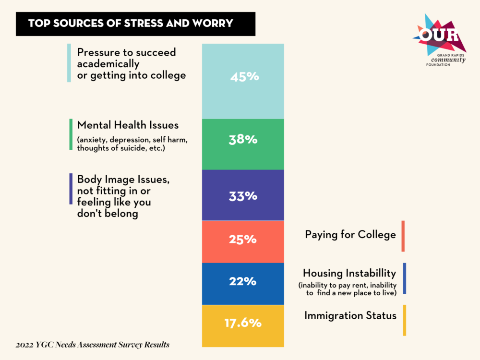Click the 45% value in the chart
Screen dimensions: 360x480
pyautogui.click(x=244, y=76)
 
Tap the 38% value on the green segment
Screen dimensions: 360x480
pyautogui.click(x=243, y=139)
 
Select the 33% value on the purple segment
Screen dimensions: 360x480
pyautogui.click(x=243, y=196)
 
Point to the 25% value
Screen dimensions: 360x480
pyautogui.click(x=243, y=239)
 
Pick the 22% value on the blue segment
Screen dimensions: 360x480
pyautogui.click(x=243, y=281)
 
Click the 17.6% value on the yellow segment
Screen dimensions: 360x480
pyautogui.click(x=243, y=323)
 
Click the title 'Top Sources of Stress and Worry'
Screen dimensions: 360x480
pyautogui.click(x=131, y=23)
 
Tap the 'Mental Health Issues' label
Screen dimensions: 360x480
pyautogui.click(x=128, y=125)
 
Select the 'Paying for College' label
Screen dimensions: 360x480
pyautogui.click(x=350, y=235)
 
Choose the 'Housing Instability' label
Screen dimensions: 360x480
pyautogui.click(x=349, y=273)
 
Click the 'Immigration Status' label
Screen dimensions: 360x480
pyautogui.click(x=350, y=315)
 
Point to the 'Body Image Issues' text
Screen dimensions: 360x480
pyautogui.click(x=123, y=179)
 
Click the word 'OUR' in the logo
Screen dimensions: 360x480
pyautogui.click(x=438, y=35)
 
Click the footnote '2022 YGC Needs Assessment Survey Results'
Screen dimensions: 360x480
pyautogui.click(x=93, y=345)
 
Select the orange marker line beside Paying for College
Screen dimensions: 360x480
pyautogui.click(x=403, y=236)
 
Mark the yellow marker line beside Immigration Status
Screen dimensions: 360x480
pyautogui.click(x=405, y=320)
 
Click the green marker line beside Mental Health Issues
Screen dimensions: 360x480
pyautogui.click(x=71, y=134)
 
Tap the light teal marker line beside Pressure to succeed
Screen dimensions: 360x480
pyautogui.click(x=69, y=63)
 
